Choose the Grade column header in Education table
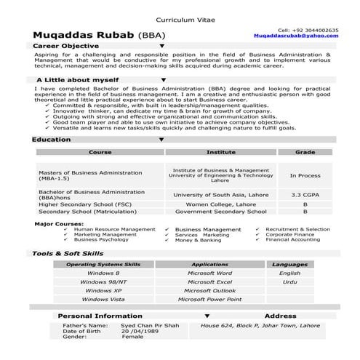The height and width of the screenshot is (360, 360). [305, 153]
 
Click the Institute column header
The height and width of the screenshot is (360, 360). [221, 153]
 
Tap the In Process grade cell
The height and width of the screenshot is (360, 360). [305, 175]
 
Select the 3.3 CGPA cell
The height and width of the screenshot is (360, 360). [305, 195]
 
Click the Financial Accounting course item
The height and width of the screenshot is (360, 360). [292, 239]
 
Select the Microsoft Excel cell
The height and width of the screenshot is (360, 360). [209, 281]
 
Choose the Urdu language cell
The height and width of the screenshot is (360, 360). [289, 281]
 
